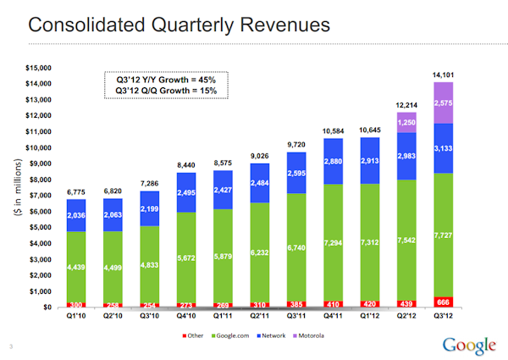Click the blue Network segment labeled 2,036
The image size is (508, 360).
coord(77,215)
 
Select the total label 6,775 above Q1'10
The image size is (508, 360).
coord(77,191)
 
